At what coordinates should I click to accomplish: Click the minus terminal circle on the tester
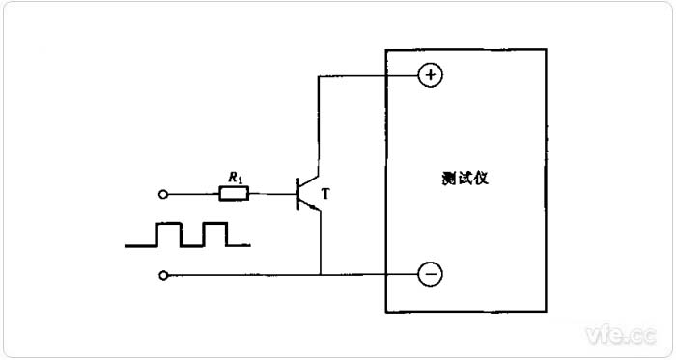pyautogui.click(x=431, y=275)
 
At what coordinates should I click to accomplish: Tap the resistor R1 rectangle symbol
pyautogui.click(x=234, y=194)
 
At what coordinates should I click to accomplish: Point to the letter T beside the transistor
pyautogui.click(x=325, y=195)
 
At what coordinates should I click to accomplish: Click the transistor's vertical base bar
pyautogui.click(x=297, y=194)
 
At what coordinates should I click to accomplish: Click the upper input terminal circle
pyautogui.click(x=163, y=194)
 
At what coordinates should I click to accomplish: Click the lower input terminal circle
pyautogui.click(x=163, y=275)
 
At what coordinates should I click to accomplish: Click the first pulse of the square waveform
pyautogui.click(x=169, y=235)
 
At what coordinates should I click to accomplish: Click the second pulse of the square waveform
pyautogui.click(x=214, y=235)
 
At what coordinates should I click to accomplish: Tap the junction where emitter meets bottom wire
pyautogui.click(x=319, y=275)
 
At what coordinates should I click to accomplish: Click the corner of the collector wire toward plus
pyautogui.click(x=319, y=75)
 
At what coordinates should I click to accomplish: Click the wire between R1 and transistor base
pyautogui.click(x=273, y=194)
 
